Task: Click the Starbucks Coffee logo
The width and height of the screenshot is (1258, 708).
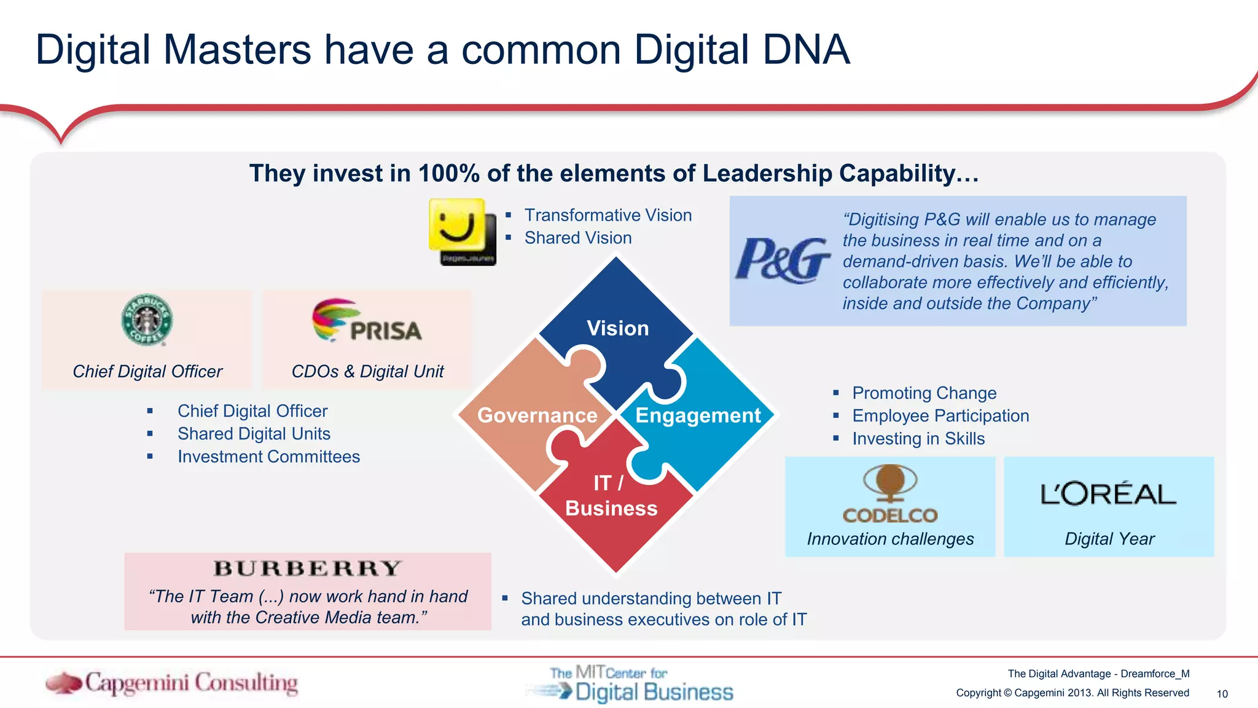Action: tap(147, 320)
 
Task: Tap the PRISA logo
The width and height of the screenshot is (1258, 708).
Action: tap(367, 321)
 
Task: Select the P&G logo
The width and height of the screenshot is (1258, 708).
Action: tap(783, 261)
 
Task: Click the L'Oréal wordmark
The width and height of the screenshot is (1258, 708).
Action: tap(1108, 494)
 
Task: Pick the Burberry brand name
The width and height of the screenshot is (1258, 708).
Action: tap(307, 568)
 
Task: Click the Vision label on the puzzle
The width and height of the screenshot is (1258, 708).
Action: tap(617, 328)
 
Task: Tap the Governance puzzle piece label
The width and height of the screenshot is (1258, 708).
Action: tap(537, 415)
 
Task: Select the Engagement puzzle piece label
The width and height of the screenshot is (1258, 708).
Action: tap(698, 415)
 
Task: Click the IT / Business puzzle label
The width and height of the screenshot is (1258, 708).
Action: tap(611, 496)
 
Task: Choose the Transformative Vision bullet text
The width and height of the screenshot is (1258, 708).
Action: tap(608, 215)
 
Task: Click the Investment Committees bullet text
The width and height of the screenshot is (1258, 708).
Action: tap(268, 457)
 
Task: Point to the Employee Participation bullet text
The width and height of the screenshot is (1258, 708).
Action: tap(940, 416)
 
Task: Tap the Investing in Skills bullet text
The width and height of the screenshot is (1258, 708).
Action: tap(918, 439)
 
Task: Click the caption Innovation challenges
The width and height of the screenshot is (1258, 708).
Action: tap(890, 539)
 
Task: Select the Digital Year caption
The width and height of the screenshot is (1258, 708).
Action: tap(1109, 539)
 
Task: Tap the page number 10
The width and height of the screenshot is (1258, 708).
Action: tap(1222, 694)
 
